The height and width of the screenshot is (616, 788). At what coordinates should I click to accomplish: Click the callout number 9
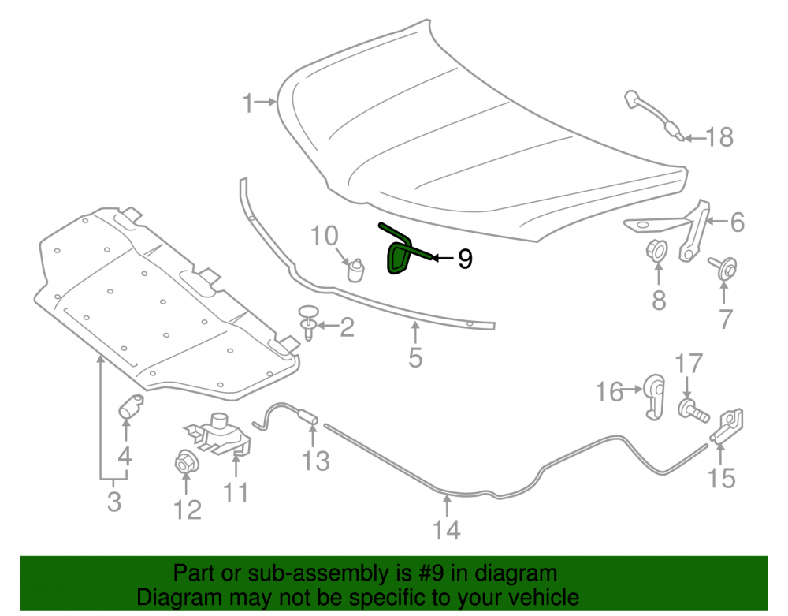point(466,259)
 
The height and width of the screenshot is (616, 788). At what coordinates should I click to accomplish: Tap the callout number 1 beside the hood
point(247,103)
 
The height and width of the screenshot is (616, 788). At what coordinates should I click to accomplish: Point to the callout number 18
point(719,136)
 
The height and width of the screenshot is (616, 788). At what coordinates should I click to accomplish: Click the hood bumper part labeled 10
point(356,271)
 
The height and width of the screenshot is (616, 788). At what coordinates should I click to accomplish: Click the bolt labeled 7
point(724,268)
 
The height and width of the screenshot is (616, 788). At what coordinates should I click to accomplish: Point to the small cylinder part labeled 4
point(131,406)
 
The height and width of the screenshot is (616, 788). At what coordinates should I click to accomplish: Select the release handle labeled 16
point(656,396)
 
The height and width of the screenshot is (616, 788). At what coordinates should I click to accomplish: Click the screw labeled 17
point(693,410)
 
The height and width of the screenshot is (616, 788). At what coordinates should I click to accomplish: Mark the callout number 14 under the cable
point(446,529)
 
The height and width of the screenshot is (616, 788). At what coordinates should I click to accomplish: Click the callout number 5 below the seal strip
point(415,357)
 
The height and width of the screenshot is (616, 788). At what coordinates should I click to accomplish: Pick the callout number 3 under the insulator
point(114,502)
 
